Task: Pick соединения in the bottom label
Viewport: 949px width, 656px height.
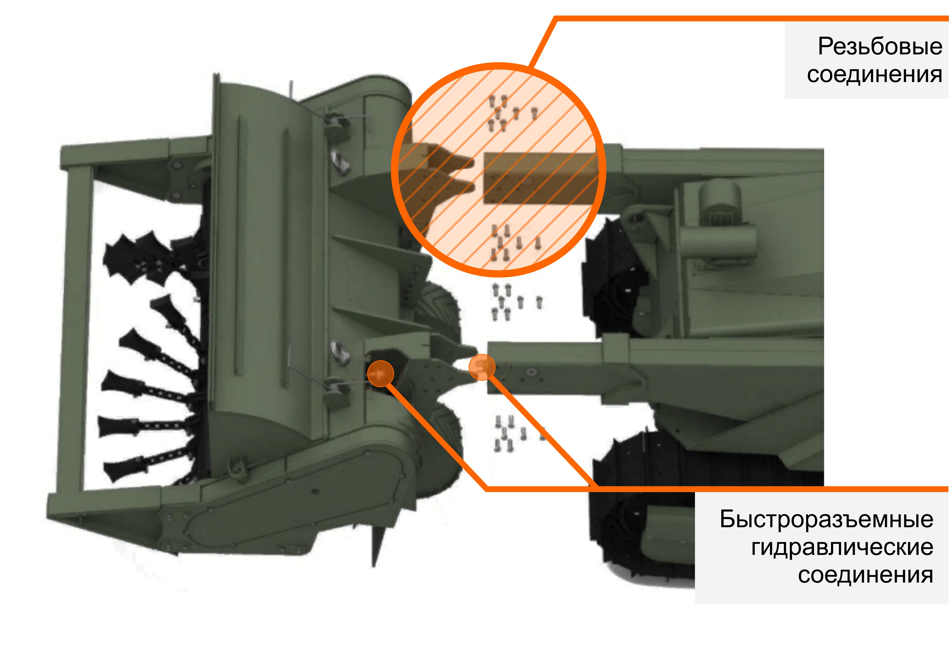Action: (865, 575)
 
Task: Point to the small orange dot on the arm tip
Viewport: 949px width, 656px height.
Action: (482, 367)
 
